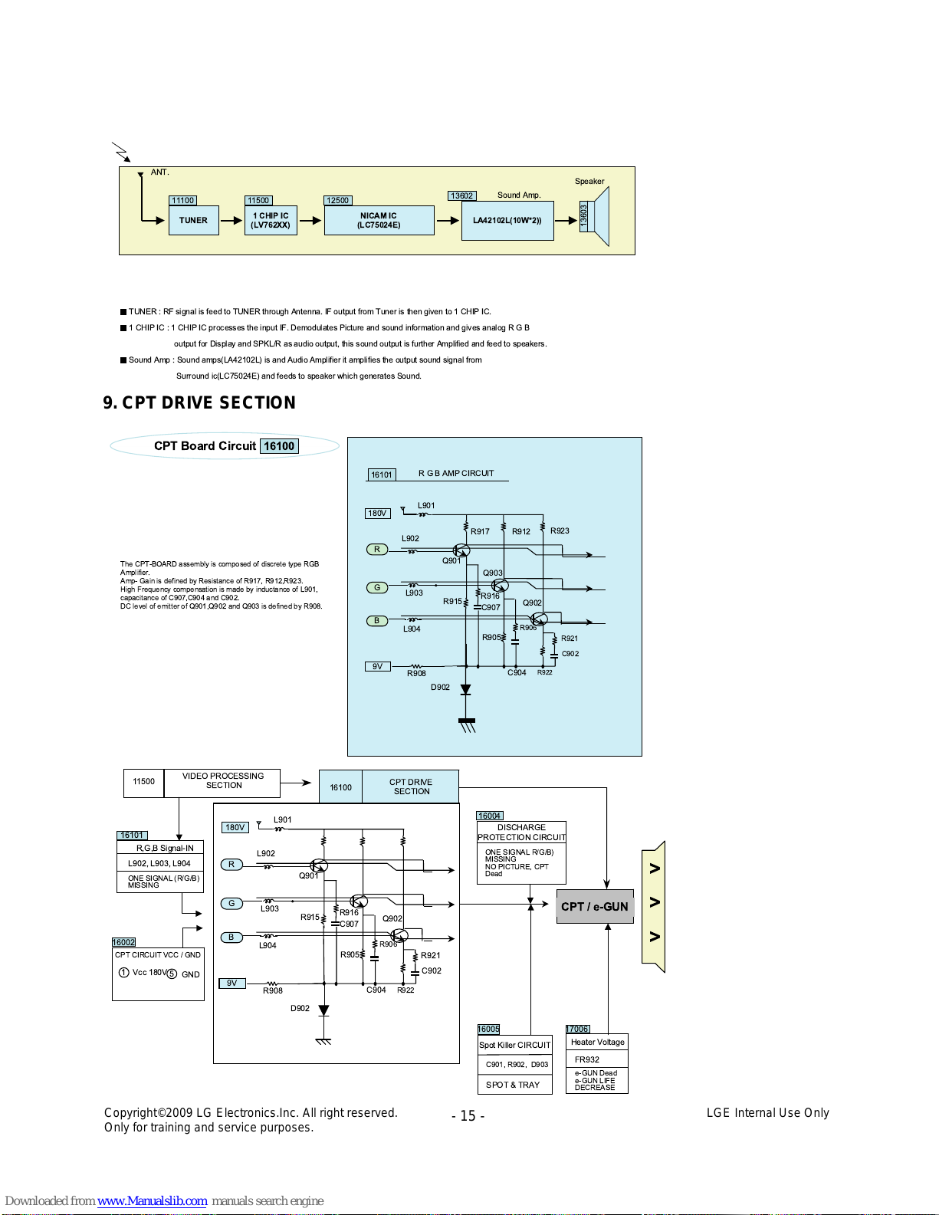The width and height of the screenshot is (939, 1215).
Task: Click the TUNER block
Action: [193, 220]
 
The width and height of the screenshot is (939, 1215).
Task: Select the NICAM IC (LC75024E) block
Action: [379, 220]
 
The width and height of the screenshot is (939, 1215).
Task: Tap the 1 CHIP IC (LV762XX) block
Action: [271, 220]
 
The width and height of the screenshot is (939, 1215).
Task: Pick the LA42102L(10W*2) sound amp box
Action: [507, 221]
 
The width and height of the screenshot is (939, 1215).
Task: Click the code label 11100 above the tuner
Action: [182, 200]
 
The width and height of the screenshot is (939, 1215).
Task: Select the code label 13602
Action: [461, 195]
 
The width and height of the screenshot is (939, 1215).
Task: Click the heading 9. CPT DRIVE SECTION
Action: [199, 402]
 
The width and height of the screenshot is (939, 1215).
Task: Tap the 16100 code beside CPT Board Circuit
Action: [279, 445]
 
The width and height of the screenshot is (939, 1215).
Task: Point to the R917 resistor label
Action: [480, 531]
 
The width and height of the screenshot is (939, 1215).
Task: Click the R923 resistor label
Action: [560, 530]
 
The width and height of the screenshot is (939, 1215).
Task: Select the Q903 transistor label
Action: [492, 573]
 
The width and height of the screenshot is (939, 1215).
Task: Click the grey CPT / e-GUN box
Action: [595, 906]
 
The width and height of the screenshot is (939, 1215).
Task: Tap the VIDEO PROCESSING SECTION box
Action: [222, 783]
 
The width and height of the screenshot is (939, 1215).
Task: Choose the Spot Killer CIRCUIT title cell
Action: [515, 1045]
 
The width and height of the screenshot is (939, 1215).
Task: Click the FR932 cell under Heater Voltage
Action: [597, 1059]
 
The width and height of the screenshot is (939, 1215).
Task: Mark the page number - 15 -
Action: [468, 1116]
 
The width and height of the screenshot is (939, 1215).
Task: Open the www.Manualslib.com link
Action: [152, 1200]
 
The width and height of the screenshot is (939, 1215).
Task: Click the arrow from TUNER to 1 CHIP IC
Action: [231, 220]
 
